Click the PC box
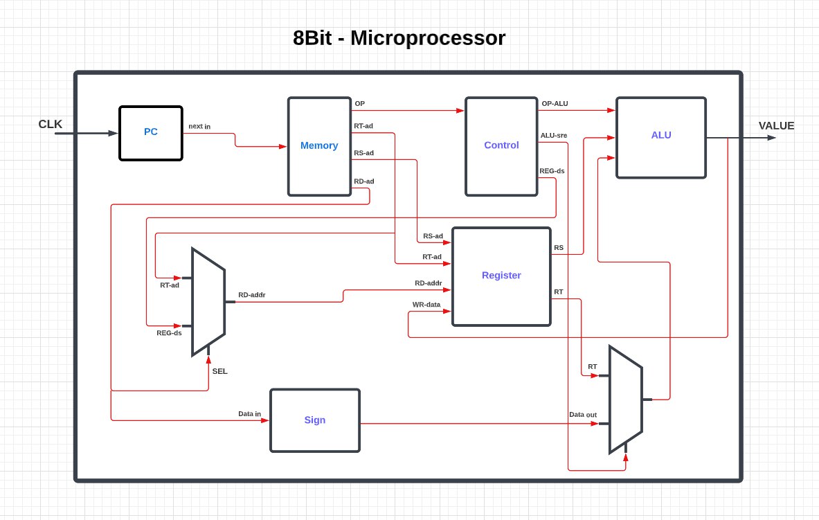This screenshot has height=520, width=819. [x=151, y=133]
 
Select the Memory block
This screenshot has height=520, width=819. [x=319, y=146]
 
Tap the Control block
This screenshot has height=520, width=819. [x=501, y=146]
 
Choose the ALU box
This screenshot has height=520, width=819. [x=661, y=137]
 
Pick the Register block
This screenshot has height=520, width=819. [x=501, y=276]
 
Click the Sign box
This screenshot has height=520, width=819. [x=315, y=420]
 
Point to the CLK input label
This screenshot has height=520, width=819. [x=51, y=125]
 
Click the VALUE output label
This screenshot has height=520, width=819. [x=776, y=126]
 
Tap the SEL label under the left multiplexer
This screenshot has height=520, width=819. [x=219, y=371]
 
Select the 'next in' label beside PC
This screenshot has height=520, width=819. [x=199, y=126]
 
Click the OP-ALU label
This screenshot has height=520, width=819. [x=555, y=104]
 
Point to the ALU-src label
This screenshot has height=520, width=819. [x=554, y=136]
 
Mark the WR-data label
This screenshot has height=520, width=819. [x=426, y=305]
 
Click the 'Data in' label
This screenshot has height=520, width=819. [x=249, y=414]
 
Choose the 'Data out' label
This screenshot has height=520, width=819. [x=583, y=415]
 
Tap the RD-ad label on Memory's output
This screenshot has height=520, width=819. [x=364, y=181]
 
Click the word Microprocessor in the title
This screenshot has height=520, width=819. [x=428, y=38]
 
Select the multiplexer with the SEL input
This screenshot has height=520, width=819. [x=208, y=302]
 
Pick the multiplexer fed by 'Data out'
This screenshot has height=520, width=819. [x=625, y=400]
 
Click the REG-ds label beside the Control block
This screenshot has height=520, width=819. [x=552, y=170]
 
